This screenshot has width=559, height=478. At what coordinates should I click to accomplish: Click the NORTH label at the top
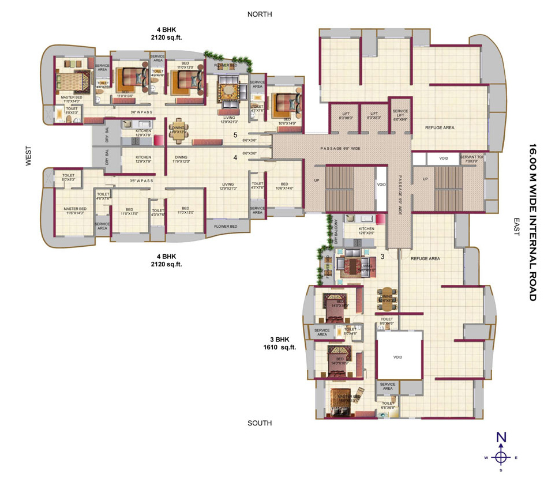coord(260,14)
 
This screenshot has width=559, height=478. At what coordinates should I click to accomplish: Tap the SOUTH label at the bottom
coord(260,423)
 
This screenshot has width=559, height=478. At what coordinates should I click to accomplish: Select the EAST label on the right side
coord(516,227)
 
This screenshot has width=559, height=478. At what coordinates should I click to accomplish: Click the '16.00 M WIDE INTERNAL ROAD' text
coord(532,222)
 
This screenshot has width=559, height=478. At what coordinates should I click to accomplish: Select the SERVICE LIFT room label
coord(400,114)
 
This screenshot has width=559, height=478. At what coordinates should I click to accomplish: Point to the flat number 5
coord(235,136)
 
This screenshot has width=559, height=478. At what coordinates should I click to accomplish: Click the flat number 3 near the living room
coord(382,257)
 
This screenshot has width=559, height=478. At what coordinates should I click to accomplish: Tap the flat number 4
coord(235,157)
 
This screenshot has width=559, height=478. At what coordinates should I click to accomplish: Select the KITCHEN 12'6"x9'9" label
coord(366,231)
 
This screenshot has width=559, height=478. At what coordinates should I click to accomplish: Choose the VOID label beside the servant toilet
coord(443,158)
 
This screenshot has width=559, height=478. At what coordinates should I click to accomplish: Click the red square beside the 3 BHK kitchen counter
coord(380,219)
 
